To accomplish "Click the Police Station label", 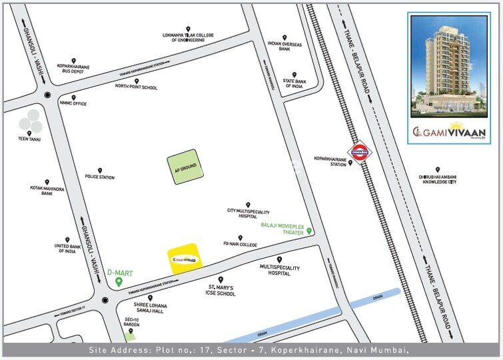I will click(100, 177).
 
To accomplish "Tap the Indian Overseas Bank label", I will click(285, 46).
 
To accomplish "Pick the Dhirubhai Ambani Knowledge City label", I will click(437, 179).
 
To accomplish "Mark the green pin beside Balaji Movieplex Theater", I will click(309, 231).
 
